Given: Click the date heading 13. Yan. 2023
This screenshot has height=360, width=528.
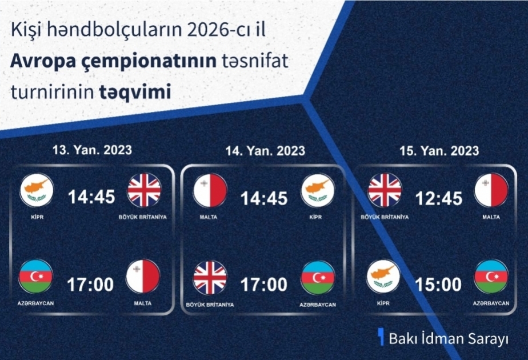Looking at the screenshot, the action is pyautogui.click(x=92, y=150).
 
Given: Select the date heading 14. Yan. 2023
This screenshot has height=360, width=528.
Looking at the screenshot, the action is pyautogui.click(x=265, y=150).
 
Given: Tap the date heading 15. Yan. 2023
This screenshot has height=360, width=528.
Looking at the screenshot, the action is pyautogui.click(x=439, y=150).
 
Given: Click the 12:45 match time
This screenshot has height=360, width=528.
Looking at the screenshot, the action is pyautogui.click(x=439, y=198).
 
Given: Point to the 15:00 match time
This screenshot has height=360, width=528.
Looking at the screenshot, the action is pyautogui.click(x=438, y=285).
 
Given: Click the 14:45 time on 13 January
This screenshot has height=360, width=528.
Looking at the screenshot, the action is pyautogui.click(x=91, y=197).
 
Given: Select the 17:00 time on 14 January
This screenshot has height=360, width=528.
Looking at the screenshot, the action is pyautogui.click(x=264, y=285).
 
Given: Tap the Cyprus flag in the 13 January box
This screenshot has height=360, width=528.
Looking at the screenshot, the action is pyautogui.click(x=37, y=190).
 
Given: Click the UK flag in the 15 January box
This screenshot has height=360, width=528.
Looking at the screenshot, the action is pyautogui.click(x=385, y=190).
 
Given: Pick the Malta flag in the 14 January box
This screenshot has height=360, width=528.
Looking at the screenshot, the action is pyautogui.click(x=210, y=191).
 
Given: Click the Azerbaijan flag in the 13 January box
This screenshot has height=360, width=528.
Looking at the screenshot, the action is pyautogui.click(x=35, y=277).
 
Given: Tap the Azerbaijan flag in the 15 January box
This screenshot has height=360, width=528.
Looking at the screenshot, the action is pyautogui.click(x=491, y=277).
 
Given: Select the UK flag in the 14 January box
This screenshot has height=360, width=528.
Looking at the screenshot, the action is pyautogui.click(x=210, y=278).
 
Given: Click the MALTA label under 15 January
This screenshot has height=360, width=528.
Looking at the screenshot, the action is pyautogui.click(x=491, y=217).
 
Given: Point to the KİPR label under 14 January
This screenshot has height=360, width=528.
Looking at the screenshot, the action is pyautogui.click(x=315, y=217).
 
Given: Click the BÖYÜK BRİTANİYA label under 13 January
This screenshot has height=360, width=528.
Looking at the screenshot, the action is pyautogui.click(x=143, y=217).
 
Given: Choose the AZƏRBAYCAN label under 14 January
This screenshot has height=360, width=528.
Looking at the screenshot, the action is pyautogui.click(x=318, y=305).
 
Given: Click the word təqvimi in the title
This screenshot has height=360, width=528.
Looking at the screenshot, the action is pyautogui.click(x=135, y=91).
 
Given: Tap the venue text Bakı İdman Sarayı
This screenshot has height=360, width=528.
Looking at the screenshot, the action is pyautogui.click(x=449, y=339).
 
